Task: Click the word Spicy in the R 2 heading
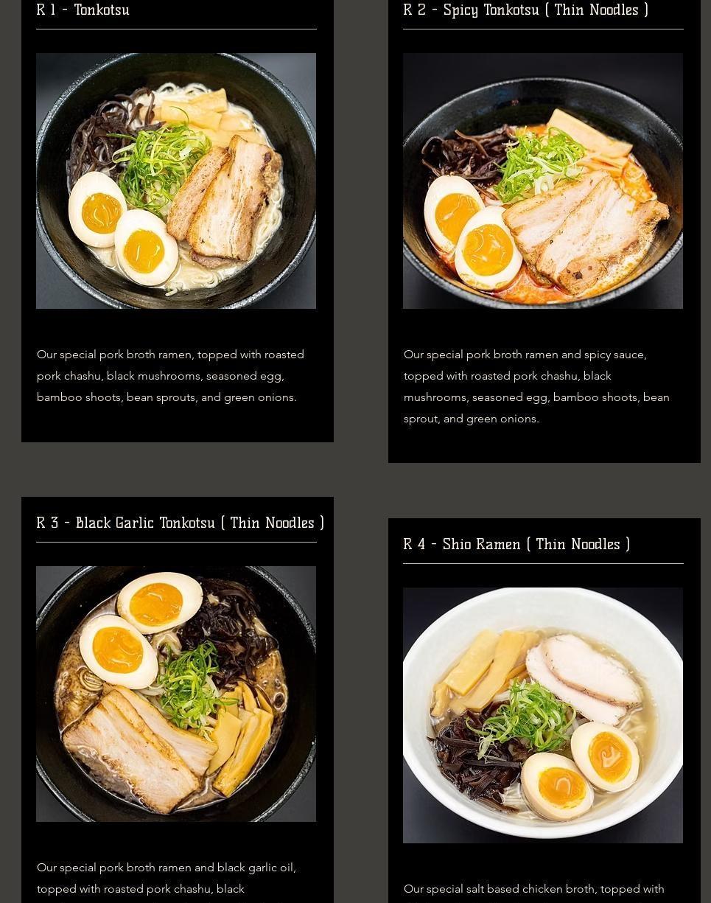[x=460, y=10]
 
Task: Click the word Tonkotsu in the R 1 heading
[x=102, y=10]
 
